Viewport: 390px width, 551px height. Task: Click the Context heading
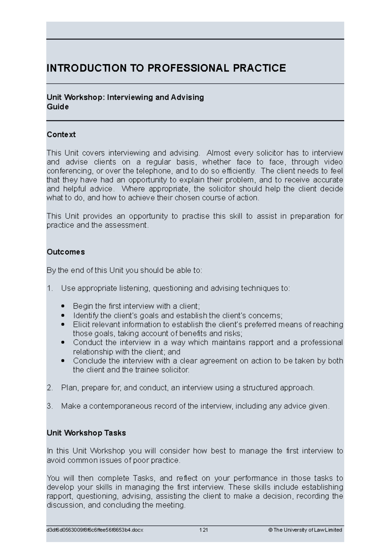(x=61, y=135)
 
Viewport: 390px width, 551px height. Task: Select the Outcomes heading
(x=66, y=252)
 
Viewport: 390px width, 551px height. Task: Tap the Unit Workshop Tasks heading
(x=86, y=433)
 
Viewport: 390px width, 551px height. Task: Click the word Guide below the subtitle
(x=58, y=107)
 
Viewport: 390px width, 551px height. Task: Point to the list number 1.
(x=49, y=288)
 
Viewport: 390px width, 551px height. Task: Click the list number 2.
(x=49, y=388)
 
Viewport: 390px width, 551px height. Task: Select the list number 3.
(x=49, y=406)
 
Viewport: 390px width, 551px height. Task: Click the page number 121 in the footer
(x=203, y=530)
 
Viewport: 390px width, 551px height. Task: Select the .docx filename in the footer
(x=95, y=530)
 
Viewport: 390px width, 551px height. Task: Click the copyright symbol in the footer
(x=270, y=530)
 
